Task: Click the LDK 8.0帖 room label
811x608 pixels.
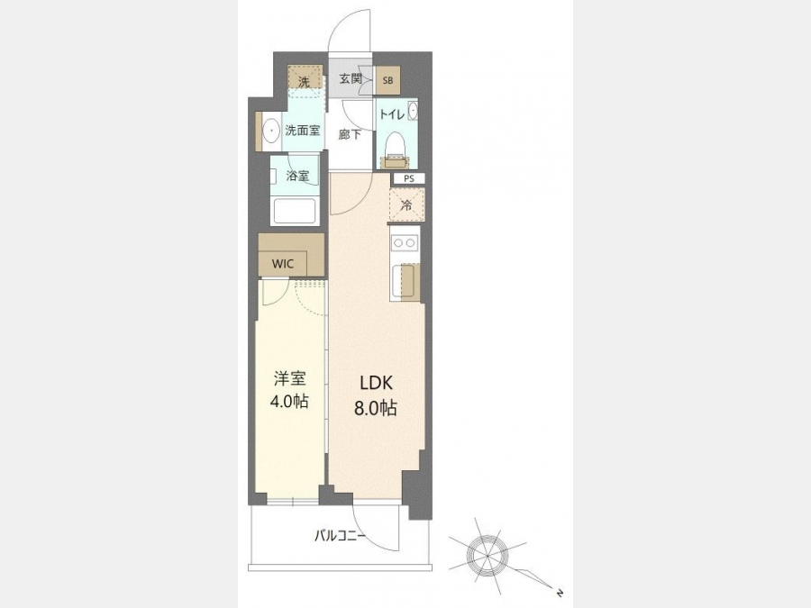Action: pos(376,395)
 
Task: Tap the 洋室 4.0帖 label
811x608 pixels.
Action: pos(289,390)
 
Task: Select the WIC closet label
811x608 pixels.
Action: pos(282,264)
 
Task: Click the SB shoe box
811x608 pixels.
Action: pos(387,80)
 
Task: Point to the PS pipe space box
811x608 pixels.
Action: pos(409,179)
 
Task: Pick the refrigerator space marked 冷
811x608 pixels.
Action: pos(406,204)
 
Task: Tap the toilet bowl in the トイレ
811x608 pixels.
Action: pos(396,144)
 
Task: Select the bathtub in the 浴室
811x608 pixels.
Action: pos(295,211)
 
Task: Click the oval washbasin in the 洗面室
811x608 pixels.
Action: pos(270,132)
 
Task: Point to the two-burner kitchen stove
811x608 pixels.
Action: pos(405,242)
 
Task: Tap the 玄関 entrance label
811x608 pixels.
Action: pos(351,79)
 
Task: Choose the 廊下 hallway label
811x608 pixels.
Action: pos(350,134)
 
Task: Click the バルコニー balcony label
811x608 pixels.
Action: pos(340,536)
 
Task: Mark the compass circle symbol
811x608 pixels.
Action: pos(488,556)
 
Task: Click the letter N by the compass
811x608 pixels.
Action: pos(559,593)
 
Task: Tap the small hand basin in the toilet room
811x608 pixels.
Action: pos(412,110)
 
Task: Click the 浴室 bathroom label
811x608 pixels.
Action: pos(297,176)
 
